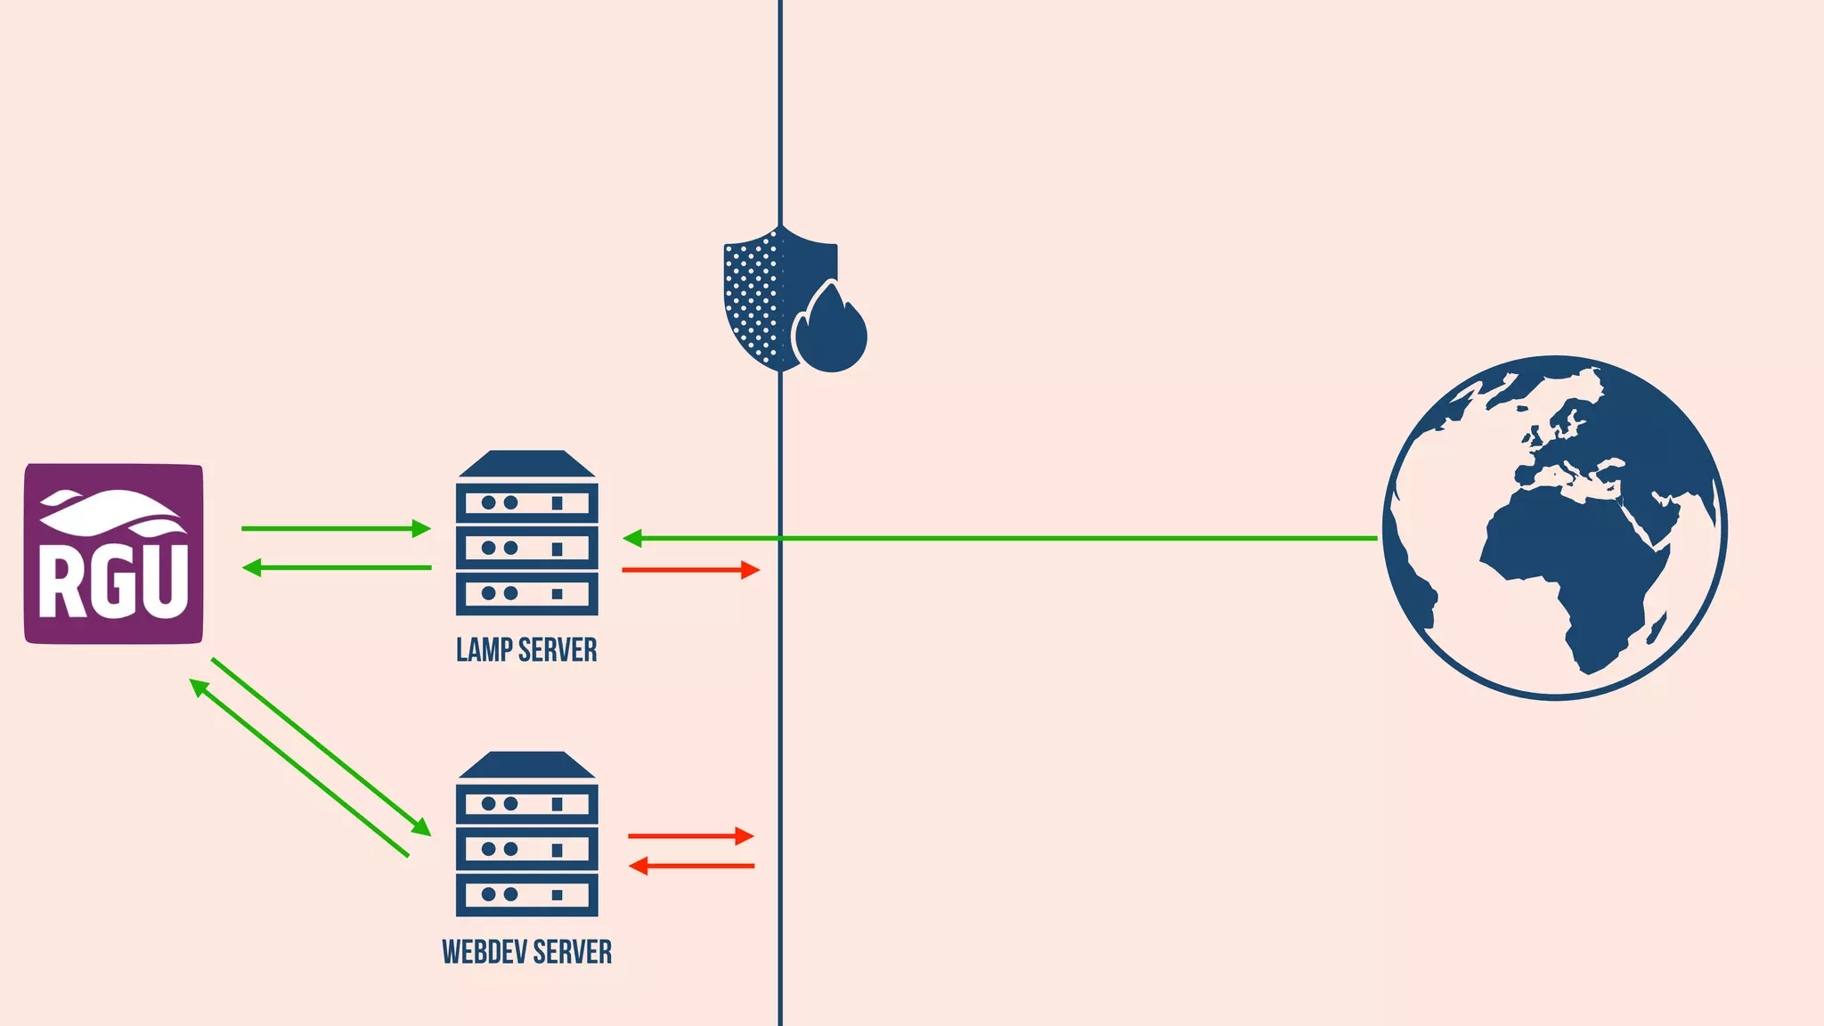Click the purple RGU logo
coord(113,553)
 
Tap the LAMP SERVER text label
coord(526,650)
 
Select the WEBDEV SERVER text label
coord(526,952)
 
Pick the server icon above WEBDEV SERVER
coord(526,835)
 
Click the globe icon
coord(1554,527)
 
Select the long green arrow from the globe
coord(997,538)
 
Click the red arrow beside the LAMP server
coord(690,570)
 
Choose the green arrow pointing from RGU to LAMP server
coord(335,529)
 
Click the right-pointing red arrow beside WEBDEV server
coord(690,836)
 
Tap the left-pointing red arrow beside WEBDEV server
coord(691,866)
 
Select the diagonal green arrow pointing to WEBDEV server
coord(321,746)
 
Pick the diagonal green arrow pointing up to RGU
coord(299,769)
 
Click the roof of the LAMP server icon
coord(526,464)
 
